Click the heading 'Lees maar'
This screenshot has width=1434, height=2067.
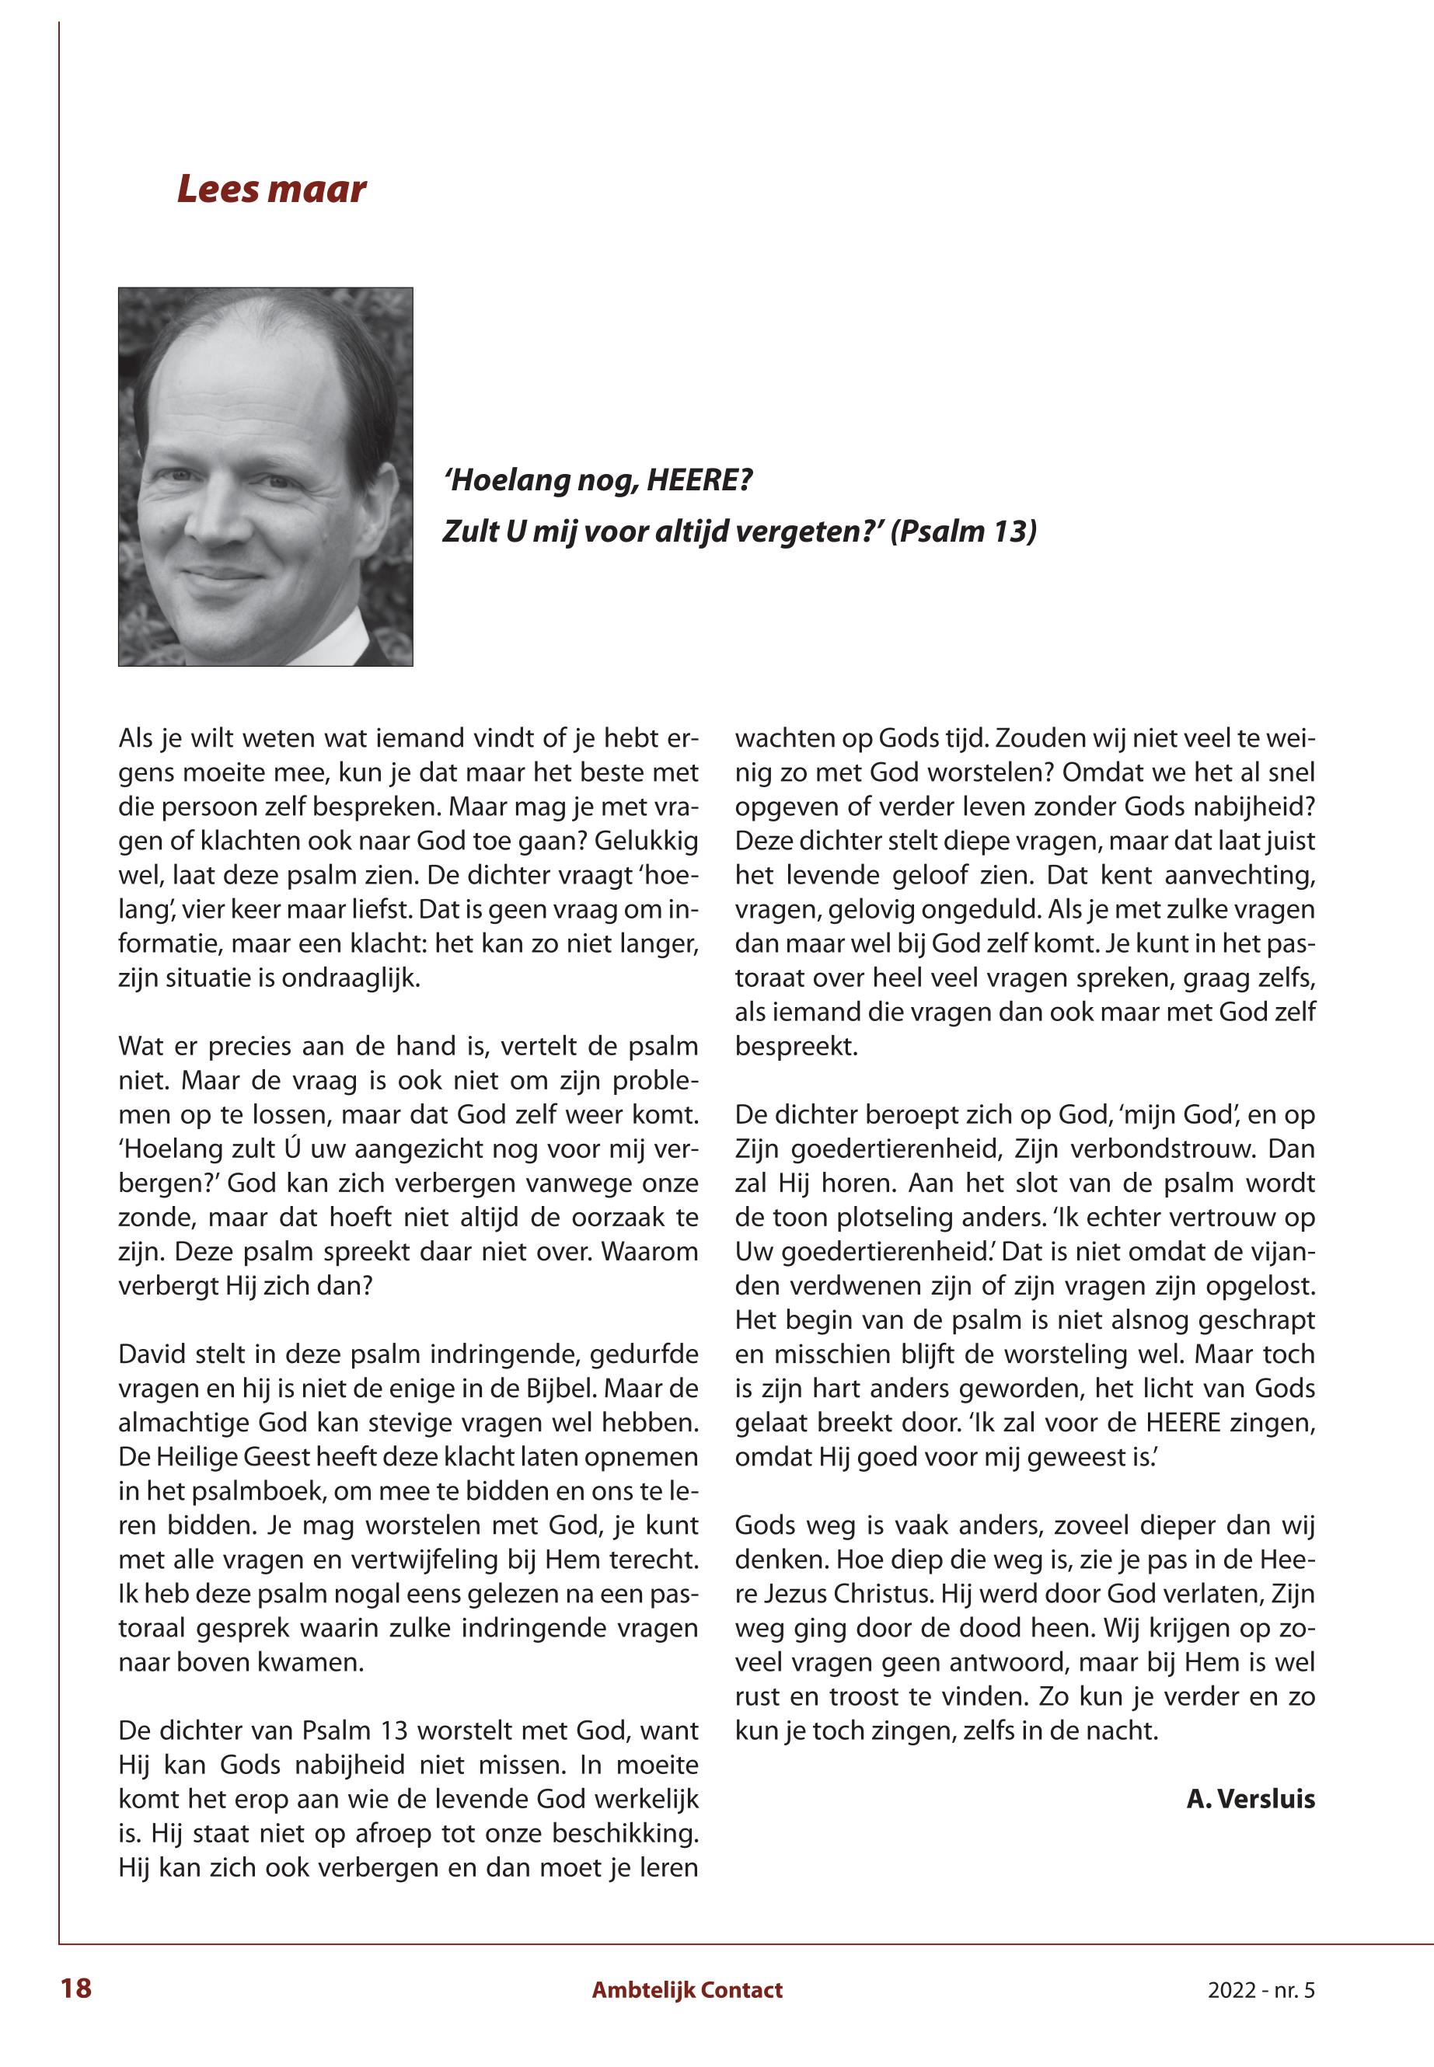pyautogui.click(x=271, y=190)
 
